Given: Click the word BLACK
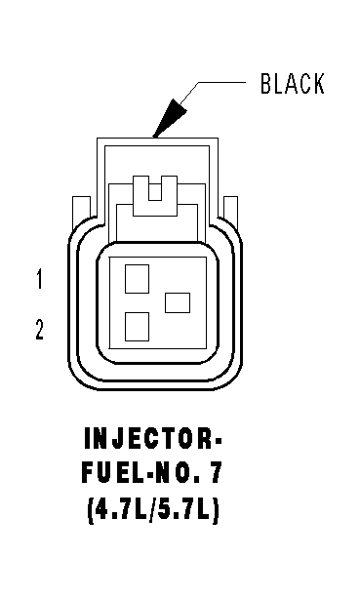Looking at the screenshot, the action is pos(292,84).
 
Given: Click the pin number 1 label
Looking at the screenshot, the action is pos(39,279).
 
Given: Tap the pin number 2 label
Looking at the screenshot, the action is pos(40,329).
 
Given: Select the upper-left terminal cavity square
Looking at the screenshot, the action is pos(137,279).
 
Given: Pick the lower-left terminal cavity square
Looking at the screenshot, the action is pos(137,327).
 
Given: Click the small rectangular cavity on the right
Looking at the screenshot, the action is pos(178,302).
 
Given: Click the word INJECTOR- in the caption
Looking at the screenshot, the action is pos(152,438).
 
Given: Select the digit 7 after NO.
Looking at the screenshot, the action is pos(215,473).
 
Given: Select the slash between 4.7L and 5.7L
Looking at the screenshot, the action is pos(152,510).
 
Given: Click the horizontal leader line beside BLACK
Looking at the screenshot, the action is pos(221,82).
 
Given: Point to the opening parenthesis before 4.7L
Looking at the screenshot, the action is pos(91,510).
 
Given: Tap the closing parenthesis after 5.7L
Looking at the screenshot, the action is pos(215,510).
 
